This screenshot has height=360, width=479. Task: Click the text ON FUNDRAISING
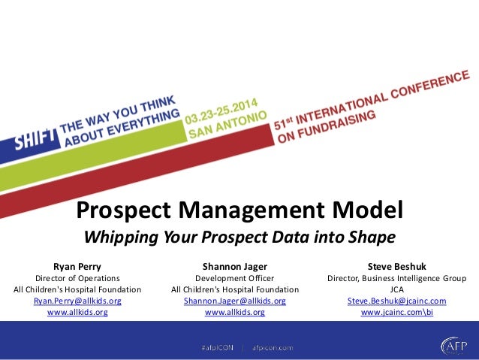pos(324,129)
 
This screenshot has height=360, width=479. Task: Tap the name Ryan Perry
pos(77,266)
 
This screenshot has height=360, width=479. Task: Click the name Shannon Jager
pos(235,266)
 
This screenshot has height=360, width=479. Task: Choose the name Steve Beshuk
pos(396,266)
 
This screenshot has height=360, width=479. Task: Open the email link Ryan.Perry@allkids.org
pos(77,301)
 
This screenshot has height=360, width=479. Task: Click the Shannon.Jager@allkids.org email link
pos(235,301)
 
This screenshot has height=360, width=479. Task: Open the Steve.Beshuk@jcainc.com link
pos(396,301)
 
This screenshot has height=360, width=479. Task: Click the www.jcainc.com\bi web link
pos(396,312)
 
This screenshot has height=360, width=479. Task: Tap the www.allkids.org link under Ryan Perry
pos(77,312)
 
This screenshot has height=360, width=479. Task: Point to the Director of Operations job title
pos(77,278)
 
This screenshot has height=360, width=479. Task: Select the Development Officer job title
pos(235,278)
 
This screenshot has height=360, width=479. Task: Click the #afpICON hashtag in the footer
pos(217,347)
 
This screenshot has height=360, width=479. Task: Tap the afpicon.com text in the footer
pos(273,347)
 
